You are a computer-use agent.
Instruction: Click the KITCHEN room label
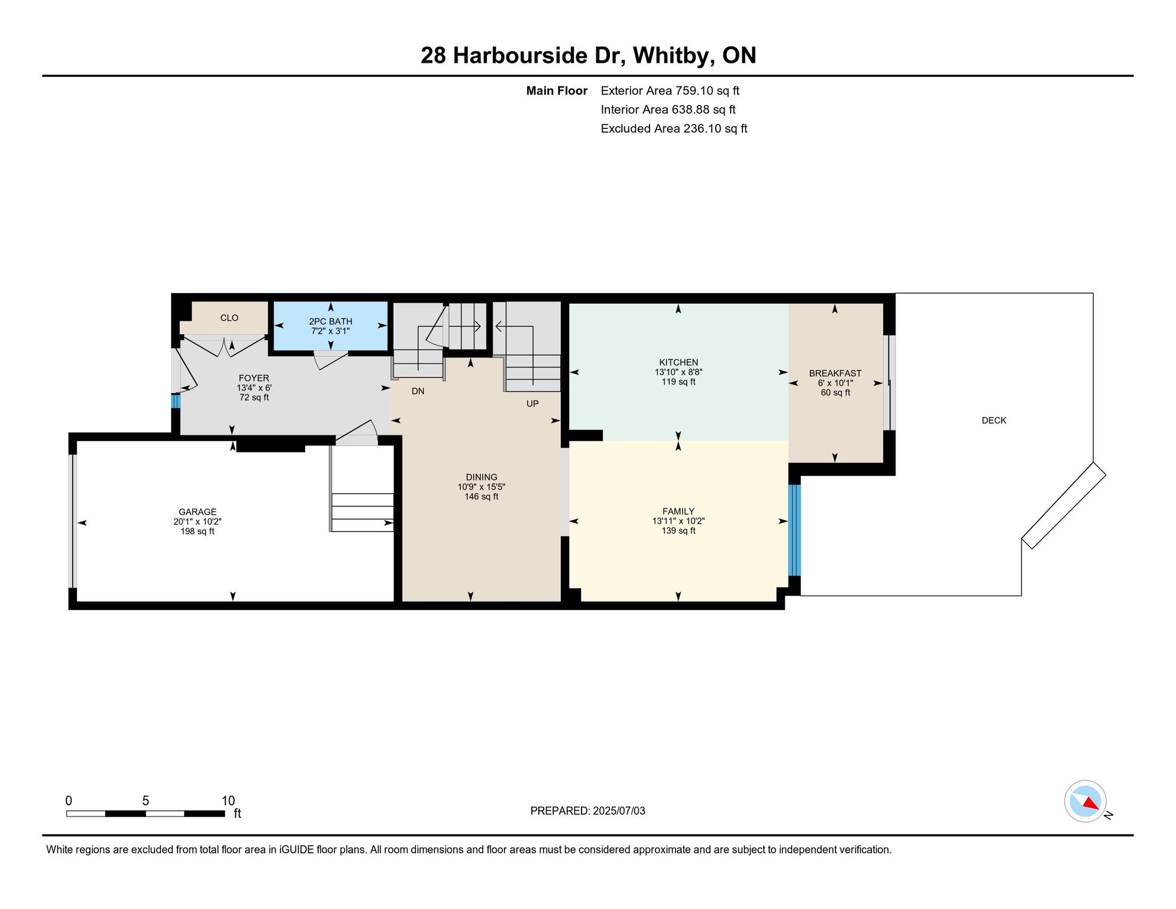coord(679,362)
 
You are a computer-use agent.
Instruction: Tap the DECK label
coord(994,420)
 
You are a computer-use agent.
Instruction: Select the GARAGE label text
coord(198,512)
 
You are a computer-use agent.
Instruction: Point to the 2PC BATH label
coord(331,321)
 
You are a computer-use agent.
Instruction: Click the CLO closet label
coord(230,318)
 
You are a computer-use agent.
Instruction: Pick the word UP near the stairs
coord(532,404)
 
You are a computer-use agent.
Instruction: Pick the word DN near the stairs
coord(418,391)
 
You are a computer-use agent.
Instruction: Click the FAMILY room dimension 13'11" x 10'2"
coord(679,521)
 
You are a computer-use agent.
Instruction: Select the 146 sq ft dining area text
coord(482,497)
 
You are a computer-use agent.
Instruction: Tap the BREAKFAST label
coord(835,373)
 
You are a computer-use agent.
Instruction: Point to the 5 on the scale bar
coord(146,801)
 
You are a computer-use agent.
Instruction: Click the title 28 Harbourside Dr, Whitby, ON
coord(589,56)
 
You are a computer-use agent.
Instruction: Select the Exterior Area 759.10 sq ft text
coord(670,91)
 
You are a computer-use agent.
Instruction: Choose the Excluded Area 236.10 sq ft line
coord(674,128)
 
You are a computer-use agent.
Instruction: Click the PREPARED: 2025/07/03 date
coord(588,811)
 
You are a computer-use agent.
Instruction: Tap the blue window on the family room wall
coord(794,530)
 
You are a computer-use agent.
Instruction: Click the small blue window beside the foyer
coord(176,401)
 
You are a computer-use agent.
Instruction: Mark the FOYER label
coord(254,378)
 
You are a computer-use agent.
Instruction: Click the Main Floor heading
coord(557,91)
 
